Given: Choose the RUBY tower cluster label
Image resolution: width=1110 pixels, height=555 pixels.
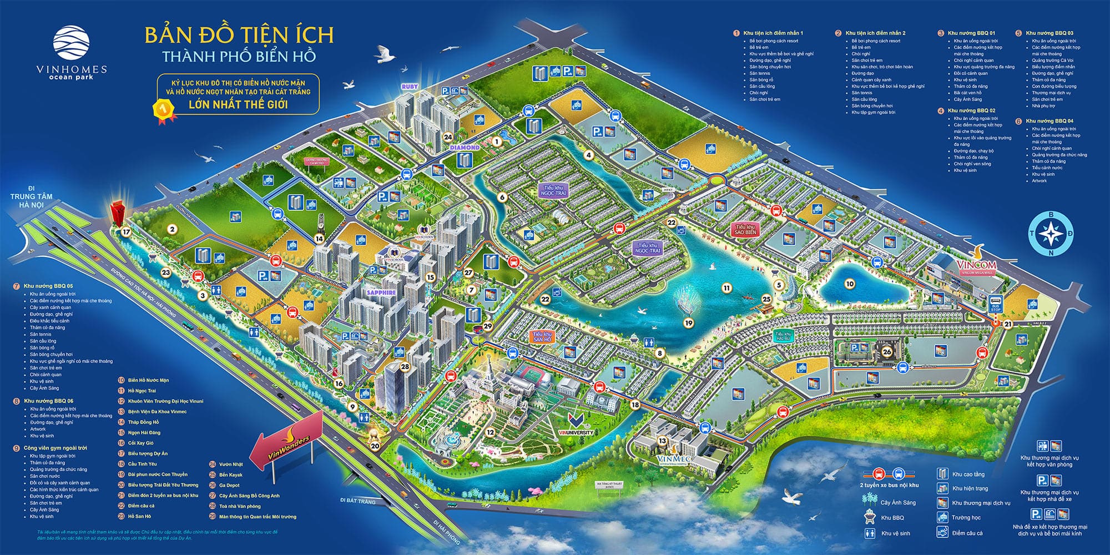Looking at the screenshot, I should coord(410,87).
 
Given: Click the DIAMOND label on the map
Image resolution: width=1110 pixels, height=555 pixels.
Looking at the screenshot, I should coord(465,148).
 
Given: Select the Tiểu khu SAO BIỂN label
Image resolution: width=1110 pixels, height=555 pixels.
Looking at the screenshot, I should coord(745,230).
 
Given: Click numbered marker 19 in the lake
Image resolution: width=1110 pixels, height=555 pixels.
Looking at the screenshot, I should coord(689,323).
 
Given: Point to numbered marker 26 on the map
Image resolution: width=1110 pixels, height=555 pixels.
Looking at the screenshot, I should coord(886,351).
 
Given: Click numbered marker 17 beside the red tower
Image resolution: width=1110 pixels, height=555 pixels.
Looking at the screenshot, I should coord(127,232).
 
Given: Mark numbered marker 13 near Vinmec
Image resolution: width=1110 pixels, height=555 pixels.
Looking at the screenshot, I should coord(662,441).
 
